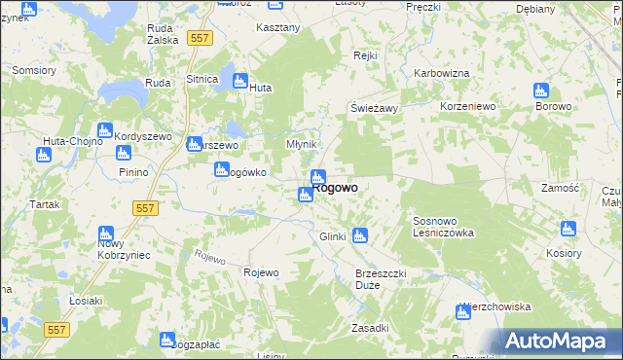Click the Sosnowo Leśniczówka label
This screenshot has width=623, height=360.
[x=443, y=227]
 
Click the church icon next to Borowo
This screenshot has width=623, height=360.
[x=541, y=91]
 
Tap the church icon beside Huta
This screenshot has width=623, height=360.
[x=238, y=81]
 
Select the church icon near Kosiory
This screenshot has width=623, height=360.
[x=568, y=230]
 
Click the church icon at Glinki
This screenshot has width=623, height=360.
[x=359, y=234]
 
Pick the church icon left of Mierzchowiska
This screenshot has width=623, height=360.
[x=463, y=312]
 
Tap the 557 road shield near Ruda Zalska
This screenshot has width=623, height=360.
[x=200, y=38]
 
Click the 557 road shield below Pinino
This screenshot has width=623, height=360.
[x=145, y=208]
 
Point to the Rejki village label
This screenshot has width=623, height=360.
[x=365, y=56]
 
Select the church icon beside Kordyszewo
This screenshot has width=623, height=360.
[x=104, y=130]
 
